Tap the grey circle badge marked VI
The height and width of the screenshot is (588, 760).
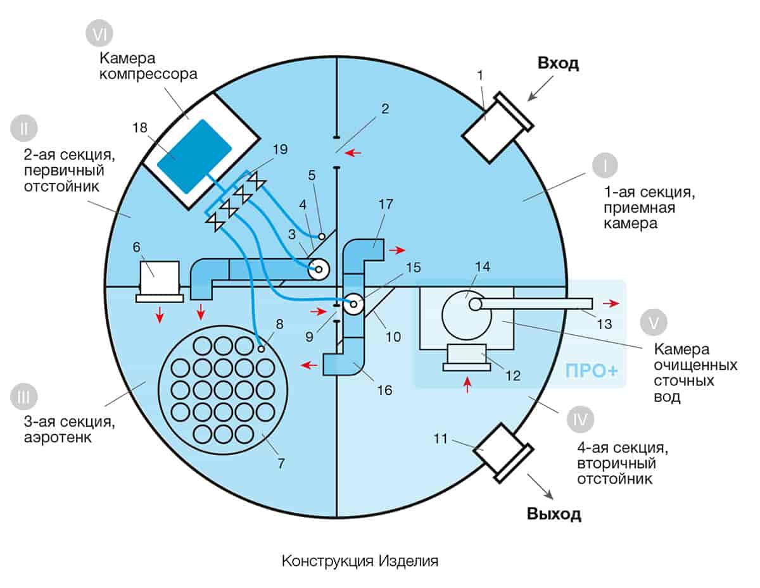99,36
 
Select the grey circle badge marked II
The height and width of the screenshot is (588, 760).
23,128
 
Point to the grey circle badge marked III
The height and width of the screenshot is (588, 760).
23,397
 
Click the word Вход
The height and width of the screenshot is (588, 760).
559,63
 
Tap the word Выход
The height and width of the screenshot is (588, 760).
554,513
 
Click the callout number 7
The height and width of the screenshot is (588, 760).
281,463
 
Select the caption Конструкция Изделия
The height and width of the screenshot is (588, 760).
360,561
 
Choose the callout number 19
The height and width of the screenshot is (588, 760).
279,149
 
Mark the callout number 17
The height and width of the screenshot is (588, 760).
385,204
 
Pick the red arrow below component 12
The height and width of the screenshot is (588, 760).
468,383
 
